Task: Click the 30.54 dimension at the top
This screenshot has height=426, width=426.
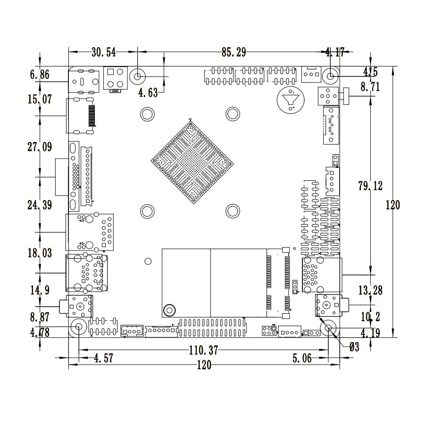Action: pyautogui.click(x=103, y=52)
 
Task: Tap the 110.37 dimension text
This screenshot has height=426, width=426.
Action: pyautogui.click(x=200, y=351)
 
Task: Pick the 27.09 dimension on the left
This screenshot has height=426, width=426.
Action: pyautogui.click(x=40, y=147)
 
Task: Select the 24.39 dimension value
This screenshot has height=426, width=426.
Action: pyautogui.click(x=40, y=205)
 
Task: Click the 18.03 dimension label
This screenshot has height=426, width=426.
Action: pyautogui.click(x=40, y=253)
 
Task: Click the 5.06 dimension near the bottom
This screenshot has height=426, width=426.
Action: pyautogui.click(x=301, y=359)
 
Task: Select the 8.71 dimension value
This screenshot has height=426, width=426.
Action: pyautogui.click(x=370, y=87)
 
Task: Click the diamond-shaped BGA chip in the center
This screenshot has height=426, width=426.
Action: pyautogui.click(x=193, y=162)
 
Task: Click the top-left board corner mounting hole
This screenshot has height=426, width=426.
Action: pyautogui.click(x=138, y=76)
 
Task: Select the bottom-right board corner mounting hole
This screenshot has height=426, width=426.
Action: pyautogui.click(x=329, y=328)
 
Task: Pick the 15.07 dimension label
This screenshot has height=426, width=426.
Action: pyautogui.click(x=40, y=100)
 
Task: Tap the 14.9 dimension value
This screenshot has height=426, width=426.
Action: pyautogui.click(x=40, y=290)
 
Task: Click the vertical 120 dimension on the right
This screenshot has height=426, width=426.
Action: pyautogui.click(x=393, y=205)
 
